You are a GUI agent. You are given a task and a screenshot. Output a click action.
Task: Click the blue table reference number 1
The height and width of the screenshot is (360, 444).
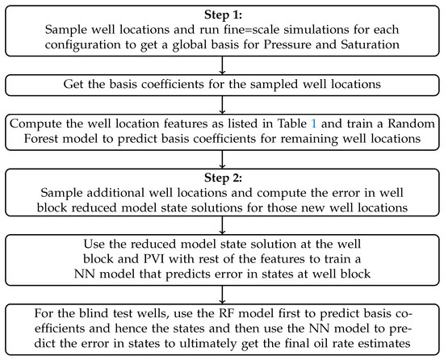point(327,123)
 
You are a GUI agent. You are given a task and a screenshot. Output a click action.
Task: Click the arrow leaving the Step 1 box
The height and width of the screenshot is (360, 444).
point(222,66)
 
